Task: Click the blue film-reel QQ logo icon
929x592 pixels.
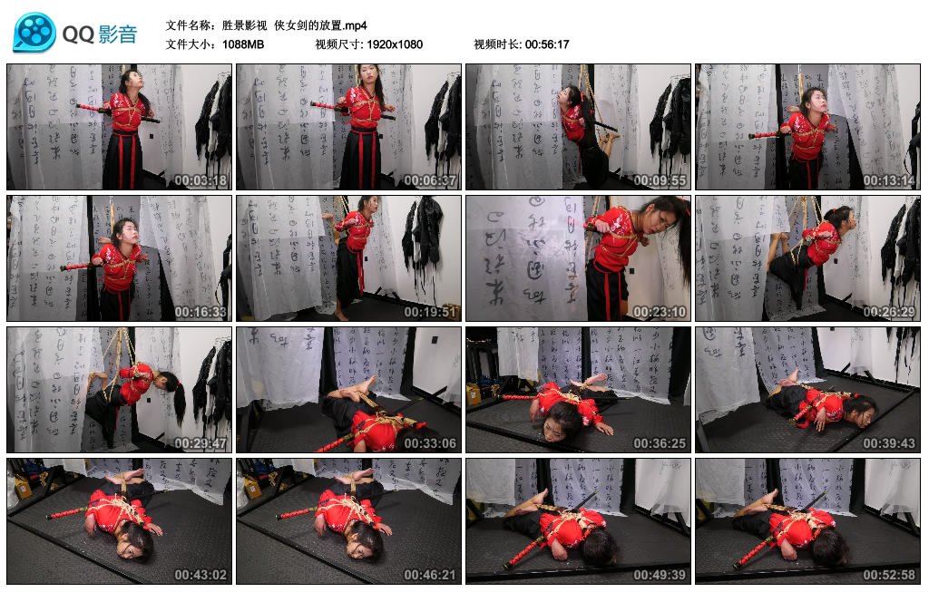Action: [34, 33]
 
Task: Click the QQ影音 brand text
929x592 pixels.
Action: [100, 34]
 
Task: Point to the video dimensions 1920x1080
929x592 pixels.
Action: [395, 44]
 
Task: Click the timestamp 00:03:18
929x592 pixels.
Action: [201, 180]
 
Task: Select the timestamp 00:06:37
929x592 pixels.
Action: [431, 180]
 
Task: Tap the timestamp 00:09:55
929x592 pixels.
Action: [660, 180]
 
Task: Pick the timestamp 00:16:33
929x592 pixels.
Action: [201, 312]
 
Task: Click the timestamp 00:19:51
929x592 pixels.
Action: [431, 312]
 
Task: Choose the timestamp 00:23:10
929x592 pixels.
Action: [660, 312]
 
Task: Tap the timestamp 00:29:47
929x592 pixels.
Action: [201, 443]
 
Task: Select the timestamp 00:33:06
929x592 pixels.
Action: [431, 443]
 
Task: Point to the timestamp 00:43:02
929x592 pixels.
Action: [201, 575]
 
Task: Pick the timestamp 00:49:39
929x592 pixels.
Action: [660, 575]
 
